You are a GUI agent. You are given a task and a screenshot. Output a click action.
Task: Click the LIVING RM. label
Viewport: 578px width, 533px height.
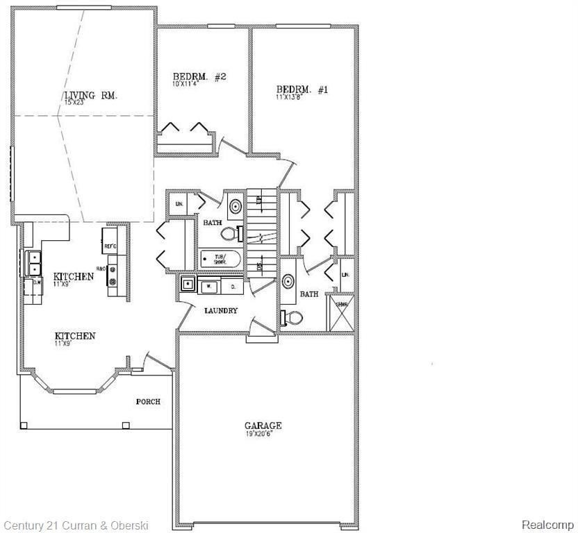(x=90, y=96)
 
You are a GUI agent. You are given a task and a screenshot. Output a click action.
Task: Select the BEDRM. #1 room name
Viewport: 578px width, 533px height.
(x=302, y=90)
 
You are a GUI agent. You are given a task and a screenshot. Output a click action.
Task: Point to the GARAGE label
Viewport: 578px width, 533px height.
(x=263, y=425)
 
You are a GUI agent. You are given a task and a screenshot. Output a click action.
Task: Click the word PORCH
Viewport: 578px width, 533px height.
(x=148, y=401)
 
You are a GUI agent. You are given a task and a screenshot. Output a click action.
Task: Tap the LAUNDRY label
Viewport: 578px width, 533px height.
(x=221, y=310)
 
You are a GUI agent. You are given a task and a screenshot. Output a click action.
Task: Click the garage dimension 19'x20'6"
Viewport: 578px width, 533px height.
(x=263, y=434)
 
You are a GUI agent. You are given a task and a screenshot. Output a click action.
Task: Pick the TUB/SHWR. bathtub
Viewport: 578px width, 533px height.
(x=220, y=260)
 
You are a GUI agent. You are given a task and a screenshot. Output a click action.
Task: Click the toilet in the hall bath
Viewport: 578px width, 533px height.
(x=234, y=234)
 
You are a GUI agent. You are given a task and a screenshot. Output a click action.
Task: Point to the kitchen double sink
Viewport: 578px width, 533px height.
(x=33, y=263)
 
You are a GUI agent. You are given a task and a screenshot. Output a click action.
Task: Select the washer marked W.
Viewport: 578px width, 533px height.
(x=208, y=285)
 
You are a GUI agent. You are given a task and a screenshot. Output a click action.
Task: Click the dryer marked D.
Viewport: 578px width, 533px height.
(x=232, y=285)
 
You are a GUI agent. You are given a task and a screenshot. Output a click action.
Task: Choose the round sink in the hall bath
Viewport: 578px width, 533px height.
(x=236, y=206)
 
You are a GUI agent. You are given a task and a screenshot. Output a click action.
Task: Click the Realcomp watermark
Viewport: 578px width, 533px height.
(x=547, y=525)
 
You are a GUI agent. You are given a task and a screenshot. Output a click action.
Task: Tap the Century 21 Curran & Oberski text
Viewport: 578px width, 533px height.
(x=76, y=525)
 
